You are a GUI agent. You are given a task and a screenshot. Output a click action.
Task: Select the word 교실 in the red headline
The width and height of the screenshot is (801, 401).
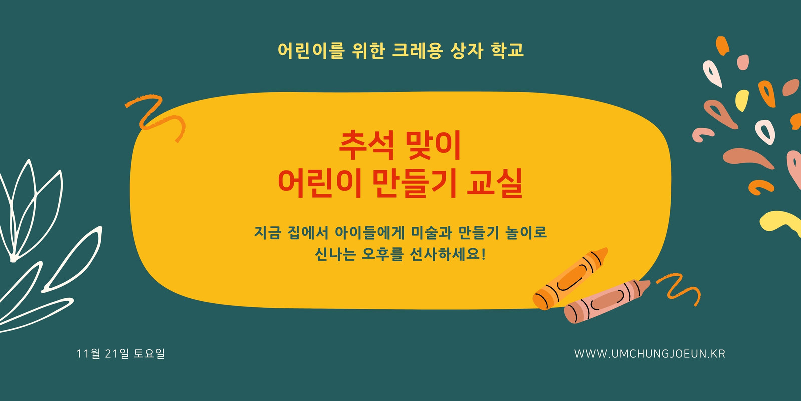coord(495,183)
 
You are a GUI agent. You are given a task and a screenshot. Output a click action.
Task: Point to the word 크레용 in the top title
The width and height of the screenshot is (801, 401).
coord(418,50)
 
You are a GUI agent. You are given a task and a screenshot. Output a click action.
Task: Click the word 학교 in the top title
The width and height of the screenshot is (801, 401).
coord(508,50)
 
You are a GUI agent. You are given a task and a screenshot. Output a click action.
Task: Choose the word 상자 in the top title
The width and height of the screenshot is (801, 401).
coord(467,50)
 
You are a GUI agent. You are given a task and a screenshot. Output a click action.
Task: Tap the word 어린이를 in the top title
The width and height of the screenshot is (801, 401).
coord(311,50)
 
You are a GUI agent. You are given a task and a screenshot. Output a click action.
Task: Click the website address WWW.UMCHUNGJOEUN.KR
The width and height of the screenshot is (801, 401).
coord(650,354)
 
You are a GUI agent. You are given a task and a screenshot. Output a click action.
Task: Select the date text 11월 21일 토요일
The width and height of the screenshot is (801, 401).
coord(120,354)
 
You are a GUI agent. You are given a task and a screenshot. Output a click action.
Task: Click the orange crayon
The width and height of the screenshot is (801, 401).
coord(570,279)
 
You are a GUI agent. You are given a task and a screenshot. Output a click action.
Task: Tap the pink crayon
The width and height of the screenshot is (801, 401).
coord(607,301)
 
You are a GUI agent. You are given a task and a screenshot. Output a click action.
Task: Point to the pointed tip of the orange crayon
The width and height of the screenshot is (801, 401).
coord(606,248)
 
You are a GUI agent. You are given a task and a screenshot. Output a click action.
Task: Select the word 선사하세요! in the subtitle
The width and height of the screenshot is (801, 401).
coord(448,254)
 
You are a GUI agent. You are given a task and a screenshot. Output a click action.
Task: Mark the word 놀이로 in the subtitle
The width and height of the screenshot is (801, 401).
coord(526,233)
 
